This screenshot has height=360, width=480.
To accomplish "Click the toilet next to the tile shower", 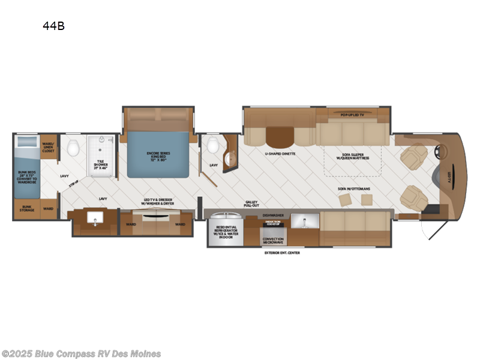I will [x=73, y=146].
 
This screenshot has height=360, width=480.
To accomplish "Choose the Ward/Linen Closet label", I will [x=49, y=147].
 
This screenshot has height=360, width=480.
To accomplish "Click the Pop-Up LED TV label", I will [x=352, y=113].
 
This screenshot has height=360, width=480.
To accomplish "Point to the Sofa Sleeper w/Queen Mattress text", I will [x=352, y=156].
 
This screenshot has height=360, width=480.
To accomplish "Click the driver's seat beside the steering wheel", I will [x=413, y=158].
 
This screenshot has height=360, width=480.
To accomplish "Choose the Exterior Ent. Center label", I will [x=282, y=253].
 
